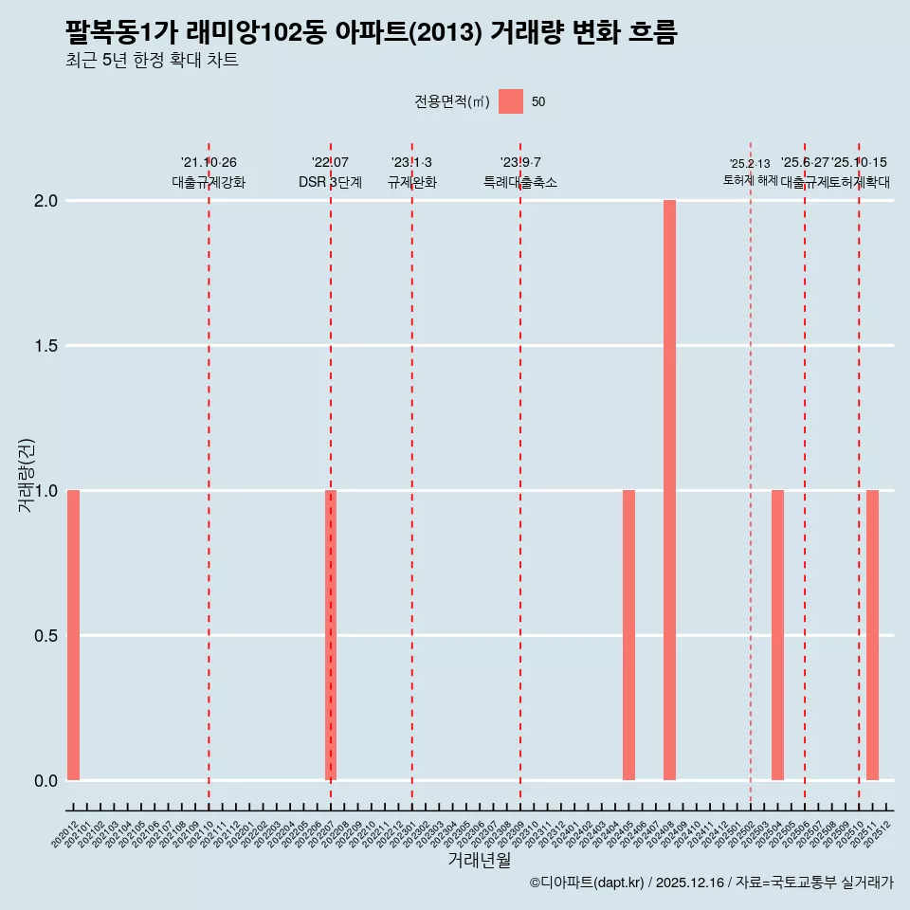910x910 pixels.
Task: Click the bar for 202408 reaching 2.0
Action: click(x=669, y=490)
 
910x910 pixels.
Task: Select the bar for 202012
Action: click(x=73, y=635)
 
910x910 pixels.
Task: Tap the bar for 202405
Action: click(x=628, y=635)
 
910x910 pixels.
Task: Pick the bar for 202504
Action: click(x=777, y=635)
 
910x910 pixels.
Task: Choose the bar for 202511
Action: click(x=872, y=635)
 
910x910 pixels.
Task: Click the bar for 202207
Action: click(x=331, y=635)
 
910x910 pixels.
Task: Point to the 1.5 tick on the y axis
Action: click(x=45, y=346)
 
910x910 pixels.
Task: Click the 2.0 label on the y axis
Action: click(x=45, y=201)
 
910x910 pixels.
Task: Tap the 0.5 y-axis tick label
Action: click(x=45, y=636)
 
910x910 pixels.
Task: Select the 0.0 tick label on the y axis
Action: click(x=45, y=781)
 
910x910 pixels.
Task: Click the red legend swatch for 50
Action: click(x=511, y=101)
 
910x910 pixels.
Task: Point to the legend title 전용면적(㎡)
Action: click(x=451, y=102)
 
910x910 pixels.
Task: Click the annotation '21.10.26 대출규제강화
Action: click(x=209, y=173)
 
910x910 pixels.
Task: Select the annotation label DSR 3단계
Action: click(x=330, y=182)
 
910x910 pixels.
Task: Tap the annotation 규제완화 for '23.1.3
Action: click(x=411, y=182)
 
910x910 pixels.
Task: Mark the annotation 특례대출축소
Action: click(x=520, y=182)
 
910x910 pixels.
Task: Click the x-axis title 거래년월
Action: click(x=479, y=861)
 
